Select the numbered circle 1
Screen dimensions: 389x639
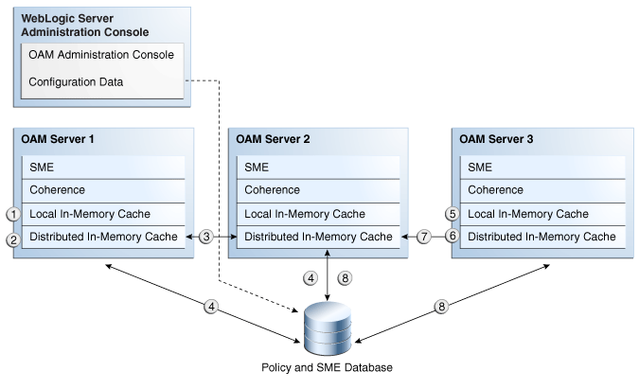point(12,214)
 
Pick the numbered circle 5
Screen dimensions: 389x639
point(453,214)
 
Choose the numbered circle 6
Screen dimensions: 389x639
point(453,237)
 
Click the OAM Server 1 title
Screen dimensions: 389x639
point(59,139)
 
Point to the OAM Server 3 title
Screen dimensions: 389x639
point(496,139)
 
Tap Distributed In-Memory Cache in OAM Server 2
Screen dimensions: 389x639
point(317,237)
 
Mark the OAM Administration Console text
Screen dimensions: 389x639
point(100,55)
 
